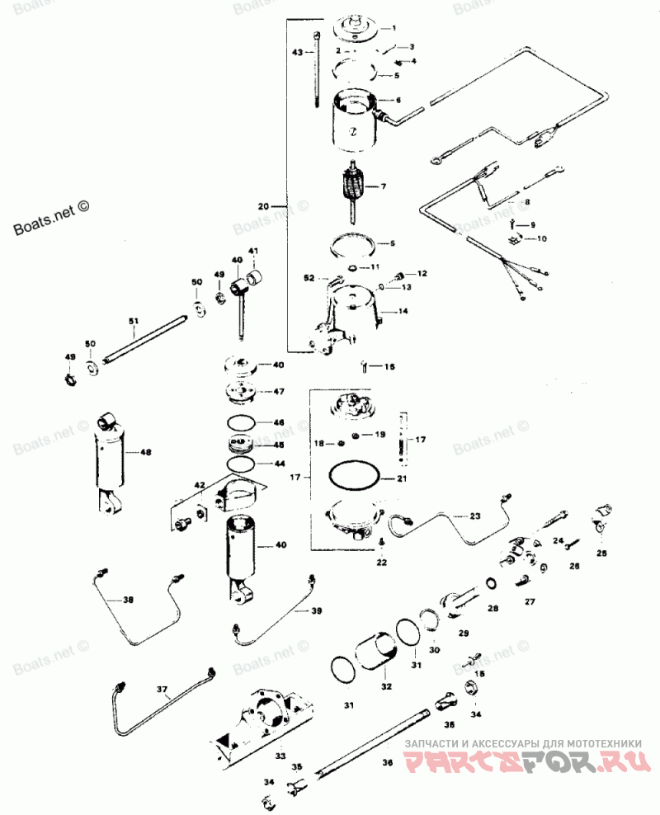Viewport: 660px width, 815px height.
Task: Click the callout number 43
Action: [298, 52]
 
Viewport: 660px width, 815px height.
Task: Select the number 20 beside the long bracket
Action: [264, 205]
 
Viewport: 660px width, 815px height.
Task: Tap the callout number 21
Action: [402, 478]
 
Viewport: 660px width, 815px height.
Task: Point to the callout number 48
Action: [146, 452]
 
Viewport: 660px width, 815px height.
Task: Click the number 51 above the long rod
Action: [133, 321]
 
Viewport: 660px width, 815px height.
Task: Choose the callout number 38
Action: [128, 600]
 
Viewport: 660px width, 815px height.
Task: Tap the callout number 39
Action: [317, 610]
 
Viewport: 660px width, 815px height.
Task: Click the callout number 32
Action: [386, 685]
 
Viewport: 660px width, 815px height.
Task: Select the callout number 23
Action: [475, 516]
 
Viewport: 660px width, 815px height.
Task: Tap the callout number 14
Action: [403, 312]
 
